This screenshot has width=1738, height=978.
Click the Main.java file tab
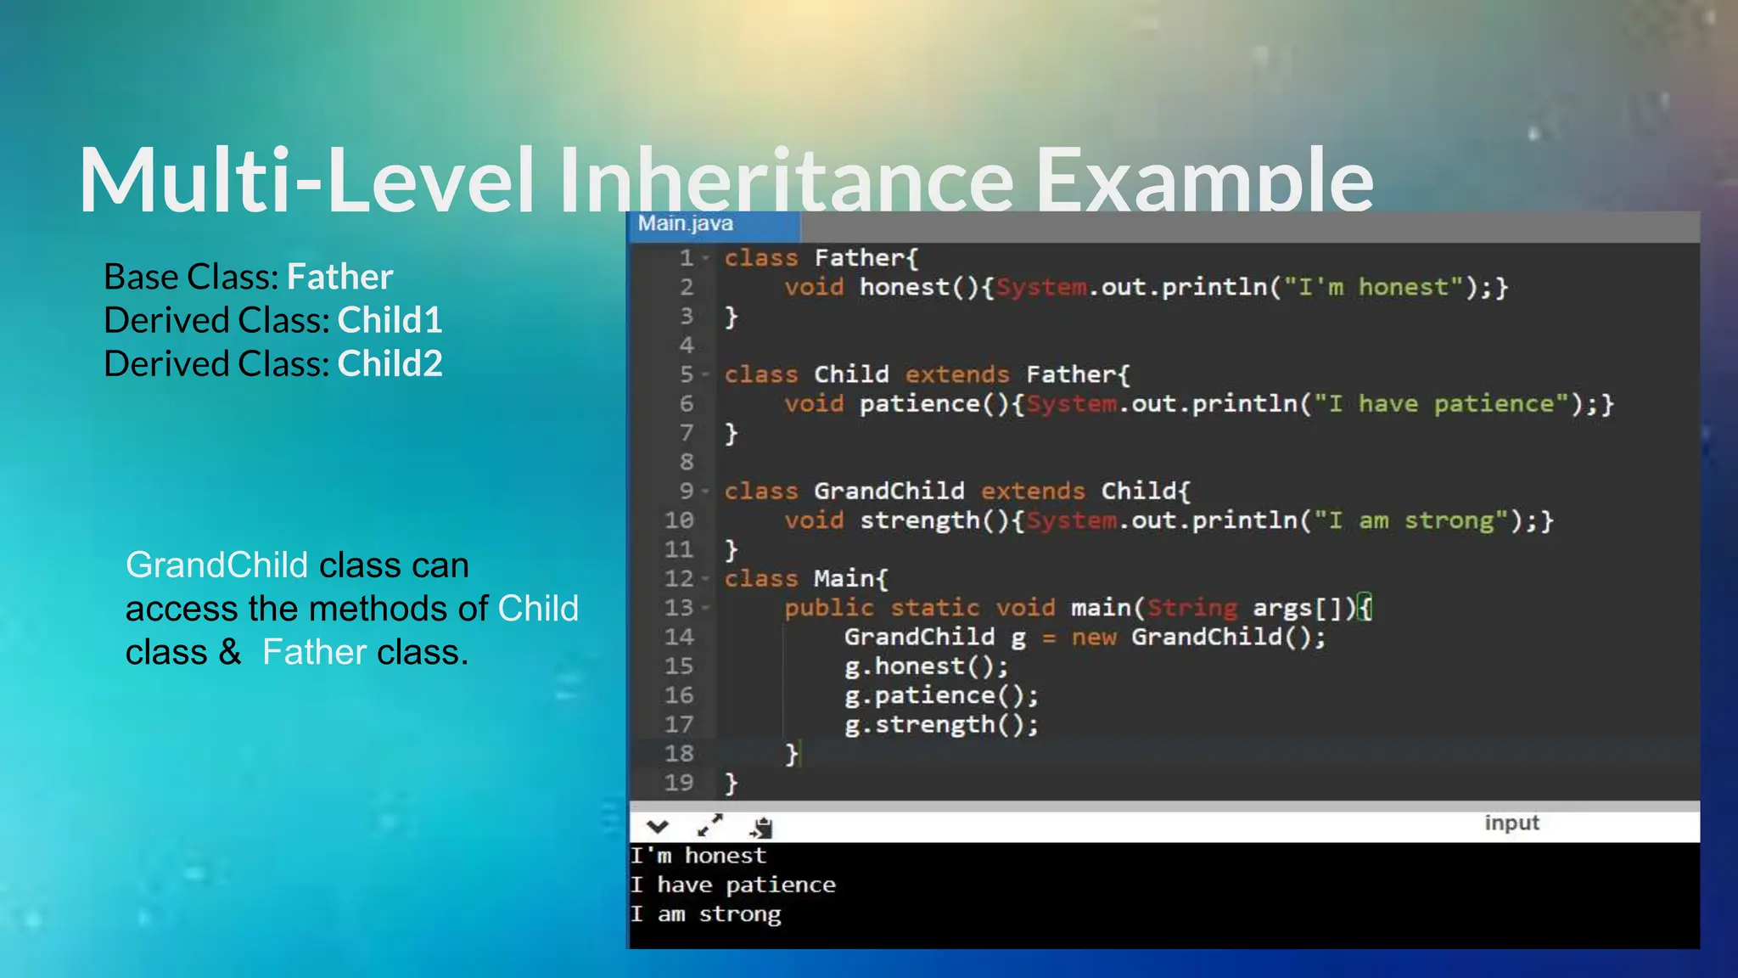tap(686, 224)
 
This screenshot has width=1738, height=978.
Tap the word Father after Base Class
tap(339, 277)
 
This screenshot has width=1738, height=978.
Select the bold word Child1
tap(390, 320)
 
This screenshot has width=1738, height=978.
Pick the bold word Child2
tap(390, 363)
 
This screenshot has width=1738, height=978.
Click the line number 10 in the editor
tap(679, 520)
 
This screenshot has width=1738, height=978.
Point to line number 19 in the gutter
tap(679, 783)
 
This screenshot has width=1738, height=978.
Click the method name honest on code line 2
tap(905, 287)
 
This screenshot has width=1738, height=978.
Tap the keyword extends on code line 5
tap(957, 374)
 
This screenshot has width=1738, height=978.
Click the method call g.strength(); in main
tap(941, 725)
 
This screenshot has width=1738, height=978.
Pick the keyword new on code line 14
tap(1094, 637)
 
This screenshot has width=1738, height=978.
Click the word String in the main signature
tap(1192, 608)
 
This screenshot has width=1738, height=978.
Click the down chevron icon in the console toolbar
tap(658, 826)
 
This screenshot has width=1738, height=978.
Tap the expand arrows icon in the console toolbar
tap(709, 825)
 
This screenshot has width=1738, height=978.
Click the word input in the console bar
tap(1511, 823)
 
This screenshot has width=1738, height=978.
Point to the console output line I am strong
tap(705, 914)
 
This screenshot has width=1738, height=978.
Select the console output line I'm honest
tap(698, 856)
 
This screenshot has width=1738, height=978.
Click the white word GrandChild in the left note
tap(216, 565)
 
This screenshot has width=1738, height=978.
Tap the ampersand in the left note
tap(229, 652)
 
